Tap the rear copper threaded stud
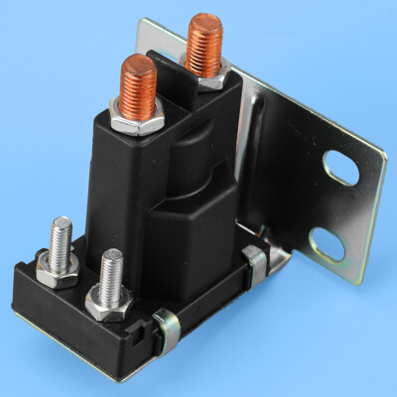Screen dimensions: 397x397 [x=204, y=45]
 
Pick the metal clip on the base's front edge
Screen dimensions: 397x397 [x=166, y=325]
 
